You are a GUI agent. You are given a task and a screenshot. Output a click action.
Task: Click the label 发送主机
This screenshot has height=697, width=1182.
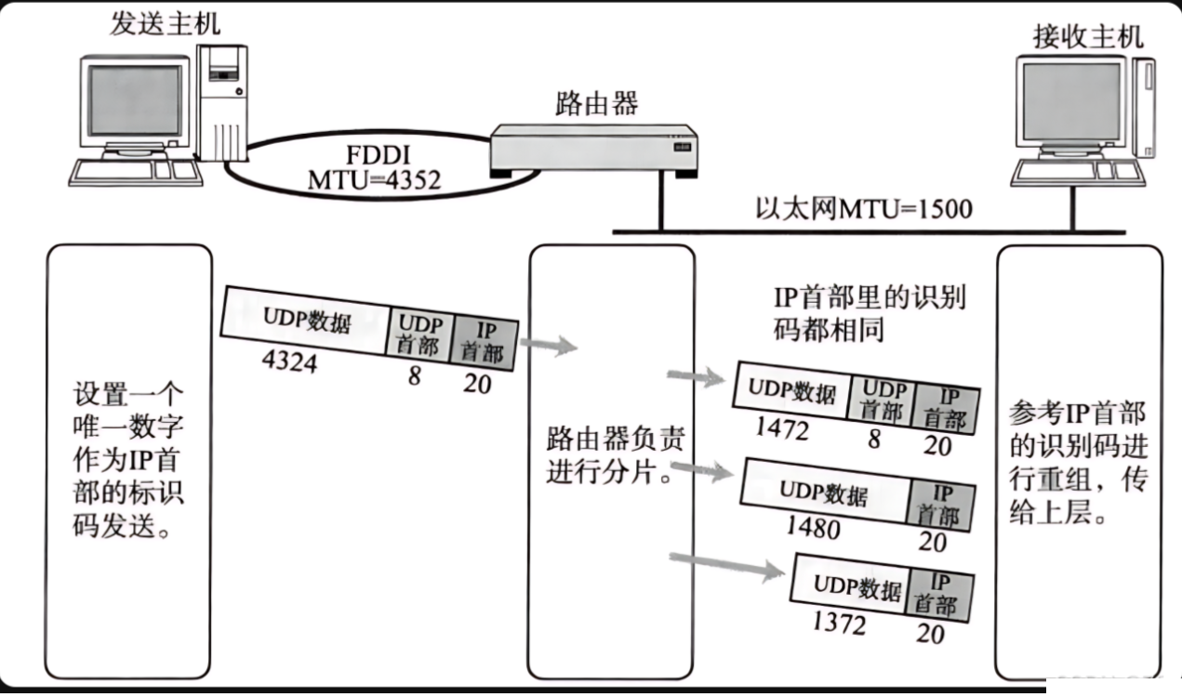coord(166,24)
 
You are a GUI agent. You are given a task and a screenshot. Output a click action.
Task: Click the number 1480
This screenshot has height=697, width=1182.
coord(812,528)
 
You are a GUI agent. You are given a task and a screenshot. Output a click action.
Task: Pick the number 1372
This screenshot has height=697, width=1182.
coord(839,624)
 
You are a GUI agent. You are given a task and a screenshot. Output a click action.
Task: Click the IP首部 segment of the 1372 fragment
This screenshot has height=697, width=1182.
coord(940,595)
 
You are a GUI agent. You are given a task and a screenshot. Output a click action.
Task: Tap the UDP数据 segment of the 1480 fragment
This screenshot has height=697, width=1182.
coord(823,493)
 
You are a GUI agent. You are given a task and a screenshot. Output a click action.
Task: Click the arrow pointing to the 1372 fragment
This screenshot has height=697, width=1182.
coord(726,564)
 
